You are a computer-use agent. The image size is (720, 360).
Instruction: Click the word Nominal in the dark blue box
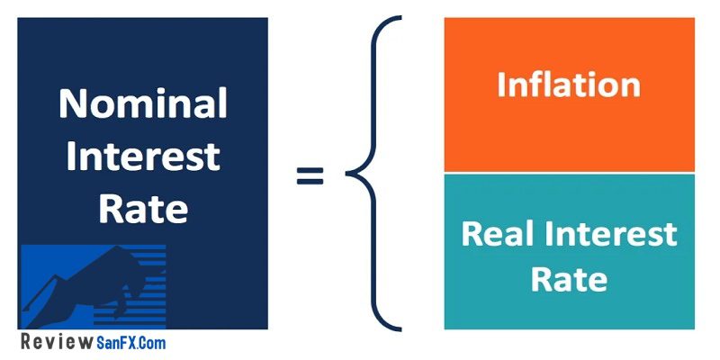(x=143, y=103)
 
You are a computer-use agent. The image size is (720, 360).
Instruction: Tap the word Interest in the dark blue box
(x=143, y=157)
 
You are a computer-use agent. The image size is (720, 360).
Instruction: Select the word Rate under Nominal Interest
(x=143, y=209)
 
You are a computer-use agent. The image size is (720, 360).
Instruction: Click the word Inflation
(x=569, y=85)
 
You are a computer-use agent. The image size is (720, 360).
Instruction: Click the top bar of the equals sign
(x=310, y=169)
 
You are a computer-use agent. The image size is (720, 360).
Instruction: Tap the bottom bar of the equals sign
(x=310, y=181)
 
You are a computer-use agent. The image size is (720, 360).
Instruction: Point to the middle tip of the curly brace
(x=347, y=174)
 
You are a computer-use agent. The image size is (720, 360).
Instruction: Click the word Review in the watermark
(x=57, y=343)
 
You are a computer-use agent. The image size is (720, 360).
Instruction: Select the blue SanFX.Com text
(x=131, y=343)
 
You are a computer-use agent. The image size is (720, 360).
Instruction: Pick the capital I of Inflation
(x=501, y=85)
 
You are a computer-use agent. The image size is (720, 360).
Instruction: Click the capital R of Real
(x=472, y=233)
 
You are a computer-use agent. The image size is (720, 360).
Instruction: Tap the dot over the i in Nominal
(x=173, y=90)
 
